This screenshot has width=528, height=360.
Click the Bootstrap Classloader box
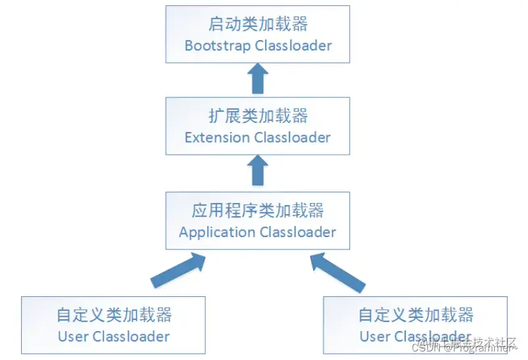(258, 35)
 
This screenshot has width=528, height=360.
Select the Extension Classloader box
(258, 127)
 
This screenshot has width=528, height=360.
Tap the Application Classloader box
(258, 221)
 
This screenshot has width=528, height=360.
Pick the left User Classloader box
(113, 325)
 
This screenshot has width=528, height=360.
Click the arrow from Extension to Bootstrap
(258, 79)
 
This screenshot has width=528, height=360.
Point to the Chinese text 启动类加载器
(258, 24)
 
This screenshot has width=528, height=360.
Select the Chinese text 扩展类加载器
(258, 116)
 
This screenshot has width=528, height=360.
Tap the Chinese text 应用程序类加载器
(258, 210)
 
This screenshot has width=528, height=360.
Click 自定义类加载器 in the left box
(113, 315)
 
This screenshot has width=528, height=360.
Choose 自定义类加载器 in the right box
(416, 315)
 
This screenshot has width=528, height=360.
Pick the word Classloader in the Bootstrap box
(293, 46)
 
